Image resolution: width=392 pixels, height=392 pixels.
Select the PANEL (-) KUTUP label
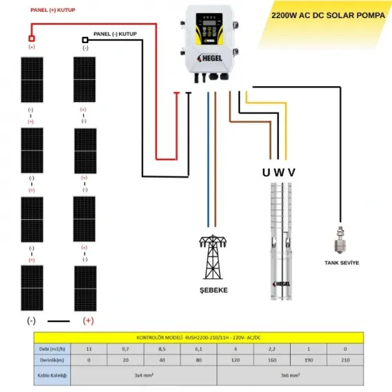tap(117, 33)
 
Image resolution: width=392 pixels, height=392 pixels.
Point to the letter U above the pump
tap(266, 172)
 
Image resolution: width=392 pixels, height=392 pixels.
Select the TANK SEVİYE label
tap(341, 263)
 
